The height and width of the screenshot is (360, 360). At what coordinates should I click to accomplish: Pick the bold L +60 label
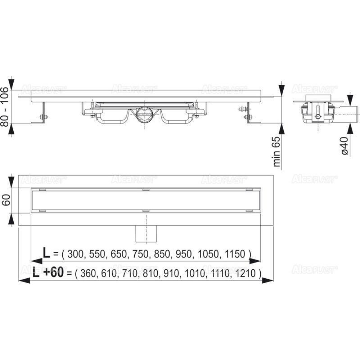pos(48,273)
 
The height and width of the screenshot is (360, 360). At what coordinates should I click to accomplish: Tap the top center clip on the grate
pos(145,189)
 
